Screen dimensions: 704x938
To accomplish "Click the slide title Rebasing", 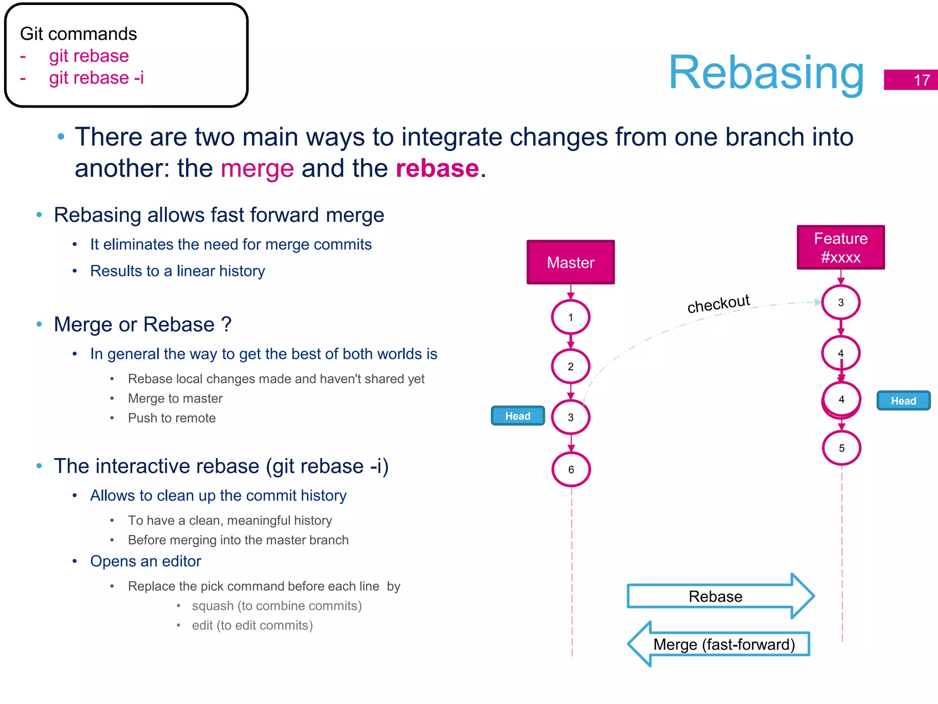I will (766, 73).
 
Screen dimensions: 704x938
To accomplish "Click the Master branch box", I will (570, 262).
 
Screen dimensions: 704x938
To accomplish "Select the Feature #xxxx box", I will (840, 247).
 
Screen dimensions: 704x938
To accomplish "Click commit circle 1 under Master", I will (570, 317).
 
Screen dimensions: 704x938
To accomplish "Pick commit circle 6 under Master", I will (571, 469).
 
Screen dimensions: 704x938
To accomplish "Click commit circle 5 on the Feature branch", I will (841, 448).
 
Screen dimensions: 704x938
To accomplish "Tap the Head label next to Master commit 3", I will (518, 416).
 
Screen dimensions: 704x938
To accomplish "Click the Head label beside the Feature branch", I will (903, 401).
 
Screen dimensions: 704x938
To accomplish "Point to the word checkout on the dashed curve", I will (718, 304).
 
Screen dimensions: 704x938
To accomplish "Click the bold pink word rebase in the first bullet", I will (437, 168).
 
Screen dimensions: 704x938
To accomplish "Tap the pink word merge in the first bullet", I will (257, 168).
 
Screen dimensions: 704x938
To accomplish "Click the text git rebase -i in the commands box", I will (96, 78).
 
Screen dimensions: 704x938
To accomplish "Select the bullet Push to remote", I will (172, 418).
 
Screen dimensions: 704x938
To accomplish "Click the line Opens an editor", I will (146, 561).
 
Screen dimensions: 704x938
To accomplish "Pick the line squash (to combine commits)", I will (277, 606).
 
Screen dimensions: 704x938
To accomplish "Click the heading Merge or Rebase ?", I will (142, 324).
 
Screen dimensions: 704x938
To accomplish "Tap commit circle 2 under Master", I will (570, 366).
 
